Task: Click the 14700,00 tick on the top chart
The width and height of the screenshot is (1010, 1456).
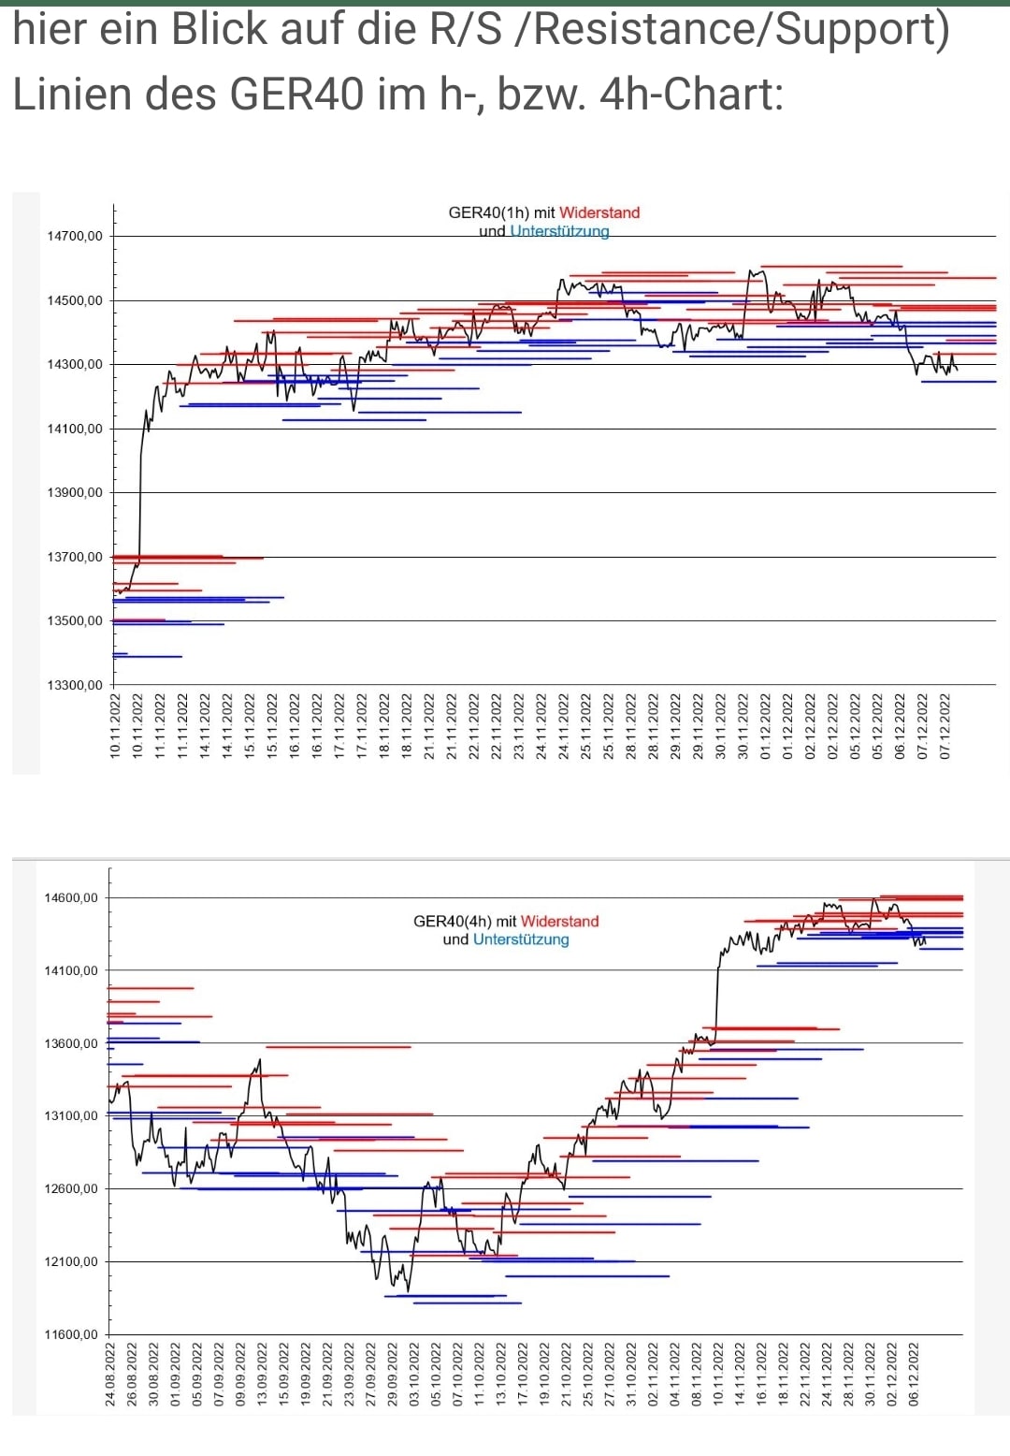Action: [x=75, y=237]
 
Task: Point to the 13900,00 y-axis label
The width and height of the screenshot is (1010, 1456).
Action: [x=75, y=493]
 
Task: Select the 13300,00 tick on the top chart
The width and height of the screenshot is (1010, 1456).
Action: [x=75, y=686]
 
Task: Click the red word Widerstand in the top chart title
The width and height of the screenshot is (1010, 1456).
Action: [x=599, y=212]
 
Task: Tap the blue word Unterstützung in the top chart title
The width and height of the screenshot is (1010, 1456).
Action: [x=559, y=231]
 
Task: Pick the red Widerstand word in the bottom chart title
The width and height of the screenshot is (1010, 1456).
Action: [x=559, y=922]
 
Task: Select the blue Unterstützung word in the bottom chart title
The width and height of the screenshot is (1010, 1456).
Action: [x=521, y=939]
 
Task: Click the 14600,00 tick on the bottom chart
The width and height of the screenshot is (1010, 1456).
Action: [x=71, y=898]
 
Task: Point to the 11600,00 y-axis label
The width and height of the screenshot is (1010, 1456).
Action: [x=71, y=1335]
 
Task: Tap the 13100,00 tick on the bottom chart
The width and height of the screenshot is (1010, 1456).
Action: [x=71, y=1116]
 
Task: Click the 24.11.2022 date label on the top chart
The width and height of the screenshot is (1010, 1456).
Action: [x=563, y=725]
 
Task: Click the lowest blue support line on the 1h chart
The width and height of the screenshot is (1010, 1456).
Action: [x=147, y=657]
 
